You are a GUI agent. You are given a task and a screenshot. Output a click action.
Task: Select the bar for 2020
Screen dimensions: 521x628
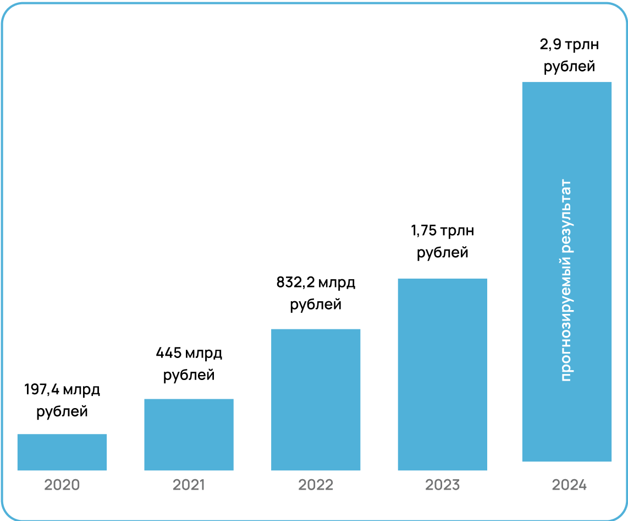(62, 452)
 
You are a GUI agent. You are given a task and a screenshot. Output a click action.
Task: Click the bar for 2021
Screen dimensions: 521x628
(189, 435)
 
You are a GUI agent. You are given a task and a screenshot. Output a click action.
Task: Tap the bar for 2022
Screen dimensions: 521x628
(316, 400)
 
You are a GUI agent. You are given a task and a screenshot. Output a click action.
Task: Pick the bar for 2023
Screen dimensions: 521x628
(442, 375)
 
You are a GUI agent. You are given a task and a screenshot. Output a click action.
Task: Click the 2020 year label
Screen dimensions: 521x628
(62, 485)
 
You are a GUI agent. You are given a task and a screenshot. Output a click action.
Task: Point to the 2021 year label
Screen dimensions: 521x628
(189, 485)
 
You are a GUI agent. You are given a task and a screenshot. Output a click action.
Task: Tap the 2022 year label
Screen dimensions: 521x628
(316, 485)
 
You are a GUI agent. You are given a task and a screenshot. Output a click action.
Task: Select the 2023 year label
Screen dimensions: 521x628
(442, 485)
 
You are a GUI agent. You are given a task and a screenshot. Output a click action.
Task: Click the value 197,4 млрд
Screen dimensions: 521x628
(62, 390)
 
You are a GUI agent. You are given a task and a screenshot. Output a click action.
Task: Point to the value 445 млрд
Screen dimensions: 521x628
(189, 353)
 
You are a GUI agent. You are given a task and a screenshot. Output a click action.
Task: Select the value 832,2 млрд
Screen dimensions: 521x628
(316, 283)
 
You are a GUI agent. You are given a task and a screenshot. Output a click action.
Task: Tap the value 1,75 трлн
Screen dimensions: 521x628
(442, 231)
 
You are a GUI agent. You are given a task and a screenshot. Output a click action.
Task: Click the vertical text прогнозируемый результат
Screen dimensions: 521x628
(566, 280)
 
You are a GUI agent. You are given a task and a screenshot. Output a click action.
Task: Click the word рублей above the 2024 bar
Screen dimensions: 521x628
(569, 67)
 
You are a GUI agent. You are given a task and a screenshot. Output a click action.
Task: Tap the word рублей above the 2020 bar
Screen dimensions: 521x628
(62, 412)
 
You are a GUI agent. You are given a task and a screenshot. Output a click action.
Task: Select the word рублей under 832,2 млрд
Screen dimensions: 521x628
(316, 305)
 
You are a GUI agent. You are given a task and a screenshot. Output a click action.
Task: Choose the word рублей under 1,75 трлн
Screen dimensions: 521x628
(442, 253)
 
